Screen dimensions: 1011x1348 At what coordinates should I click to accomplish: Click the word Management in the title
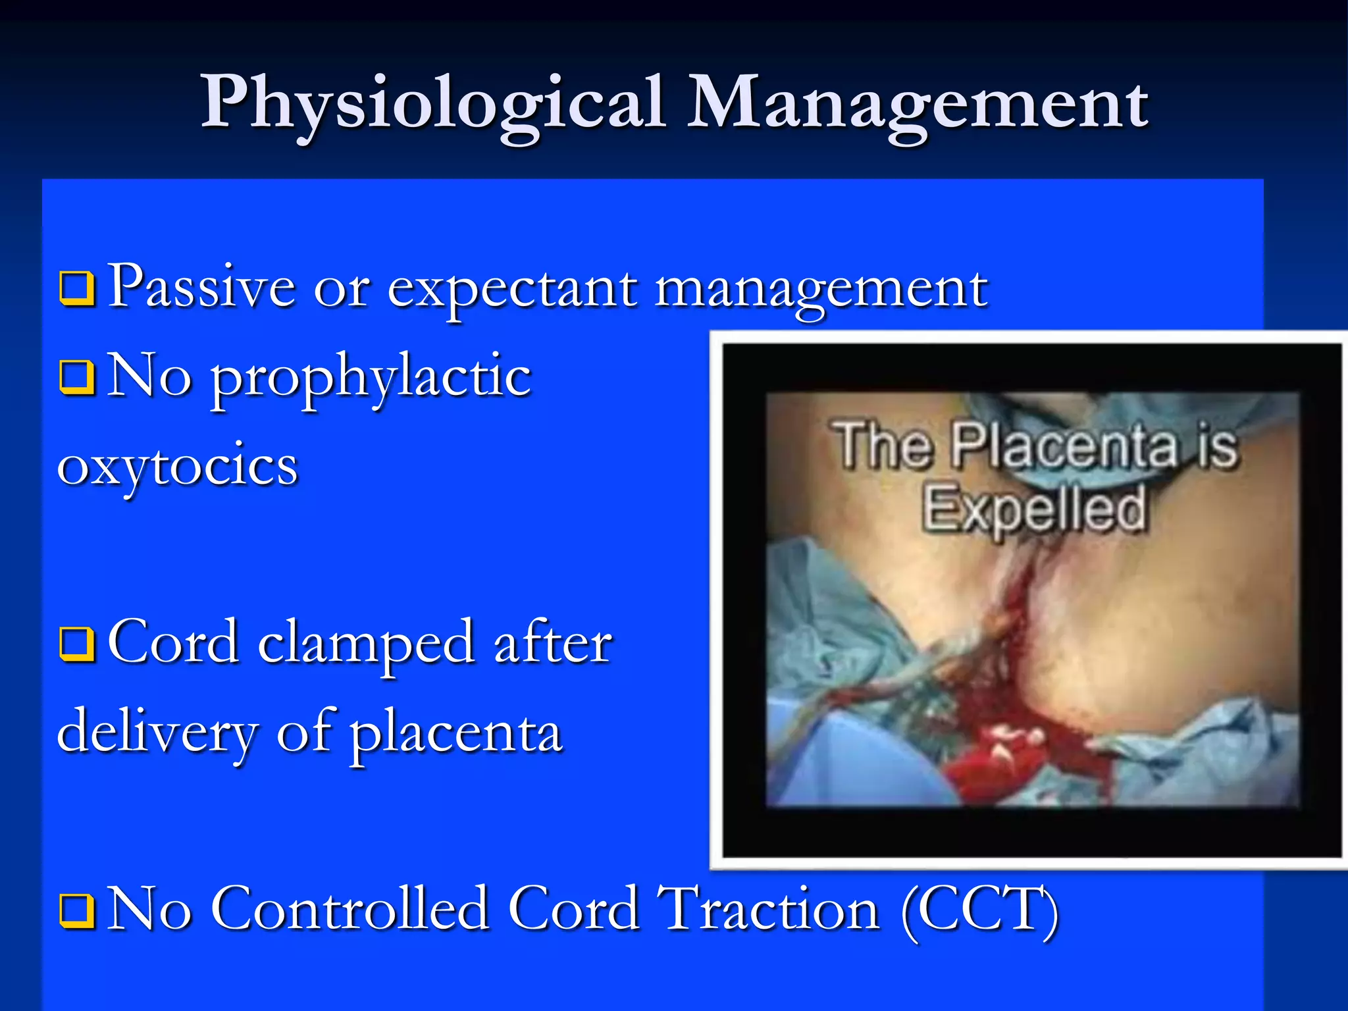(918, 103)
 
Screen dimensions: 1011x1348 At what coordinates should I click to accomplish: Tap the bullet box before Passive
(77, 288)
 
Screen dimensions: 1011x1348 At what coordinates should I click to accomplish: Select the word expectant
(512, 290)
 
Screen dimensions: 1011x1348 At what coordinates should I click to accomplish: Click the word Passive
(201, 286)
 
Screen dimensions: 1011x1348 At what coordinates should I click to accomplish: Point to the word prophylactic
(371, 378)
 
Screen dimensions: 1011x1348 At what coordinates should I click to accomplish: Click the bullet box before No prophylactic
(77, 376)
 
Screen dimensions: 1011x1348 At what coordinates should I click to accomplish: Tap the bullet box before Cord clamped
(77, 644)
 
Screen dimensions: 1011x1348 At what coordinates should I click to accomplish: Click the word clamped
(366, 645)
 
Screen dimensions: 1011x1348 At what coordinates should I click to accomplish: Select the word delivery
(158, 734)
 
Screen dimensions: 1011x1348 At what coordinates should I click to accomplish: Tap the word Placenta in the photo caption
(1064, 447)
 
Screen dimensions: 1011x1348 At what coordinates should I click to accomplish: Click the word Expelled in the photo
(1033, 508)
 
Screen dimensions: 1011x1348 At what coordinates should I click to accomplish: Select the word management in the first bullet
(821, 290)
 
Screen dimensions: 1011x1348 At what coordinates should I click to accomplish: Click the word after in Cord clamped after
(553, 644)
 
